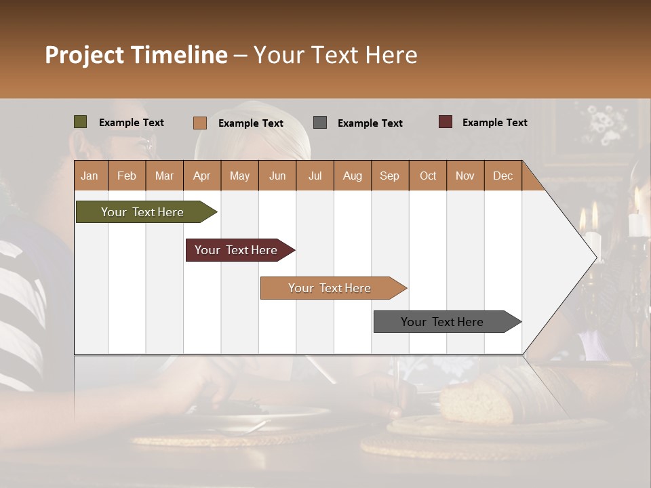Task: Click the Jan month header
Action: (x=90, y=176)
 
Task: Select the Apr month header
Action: (x=201, y=176)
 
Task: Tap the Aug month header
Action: (x=352, y=176)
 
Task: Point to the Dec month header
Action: (x=502, y=176)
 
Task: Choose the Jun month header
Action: (x=277, y=176)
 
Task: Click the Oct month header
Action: (x=427, y=176)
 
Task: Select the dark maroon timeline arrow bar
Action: (x=237, y=250)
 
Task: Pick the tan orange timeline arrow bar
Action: (x=331, y=288)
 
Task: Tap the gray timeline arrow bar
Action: (x=444, y=322)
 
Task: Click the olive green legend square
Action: (x=80, y=122)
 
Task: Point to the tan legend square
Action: (x=199, y=123)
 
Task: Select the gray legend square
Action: (x=319, y=123)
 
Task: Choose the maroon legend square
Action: (x=445, y=122)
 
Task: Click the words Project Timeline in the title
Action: (x=136, y=55)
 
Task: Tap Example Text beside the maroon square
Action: (x=494, y=123)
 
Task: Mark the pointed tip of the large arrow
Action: (x=596, y=258)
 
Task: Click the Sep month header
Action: (x=389, y=176)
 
